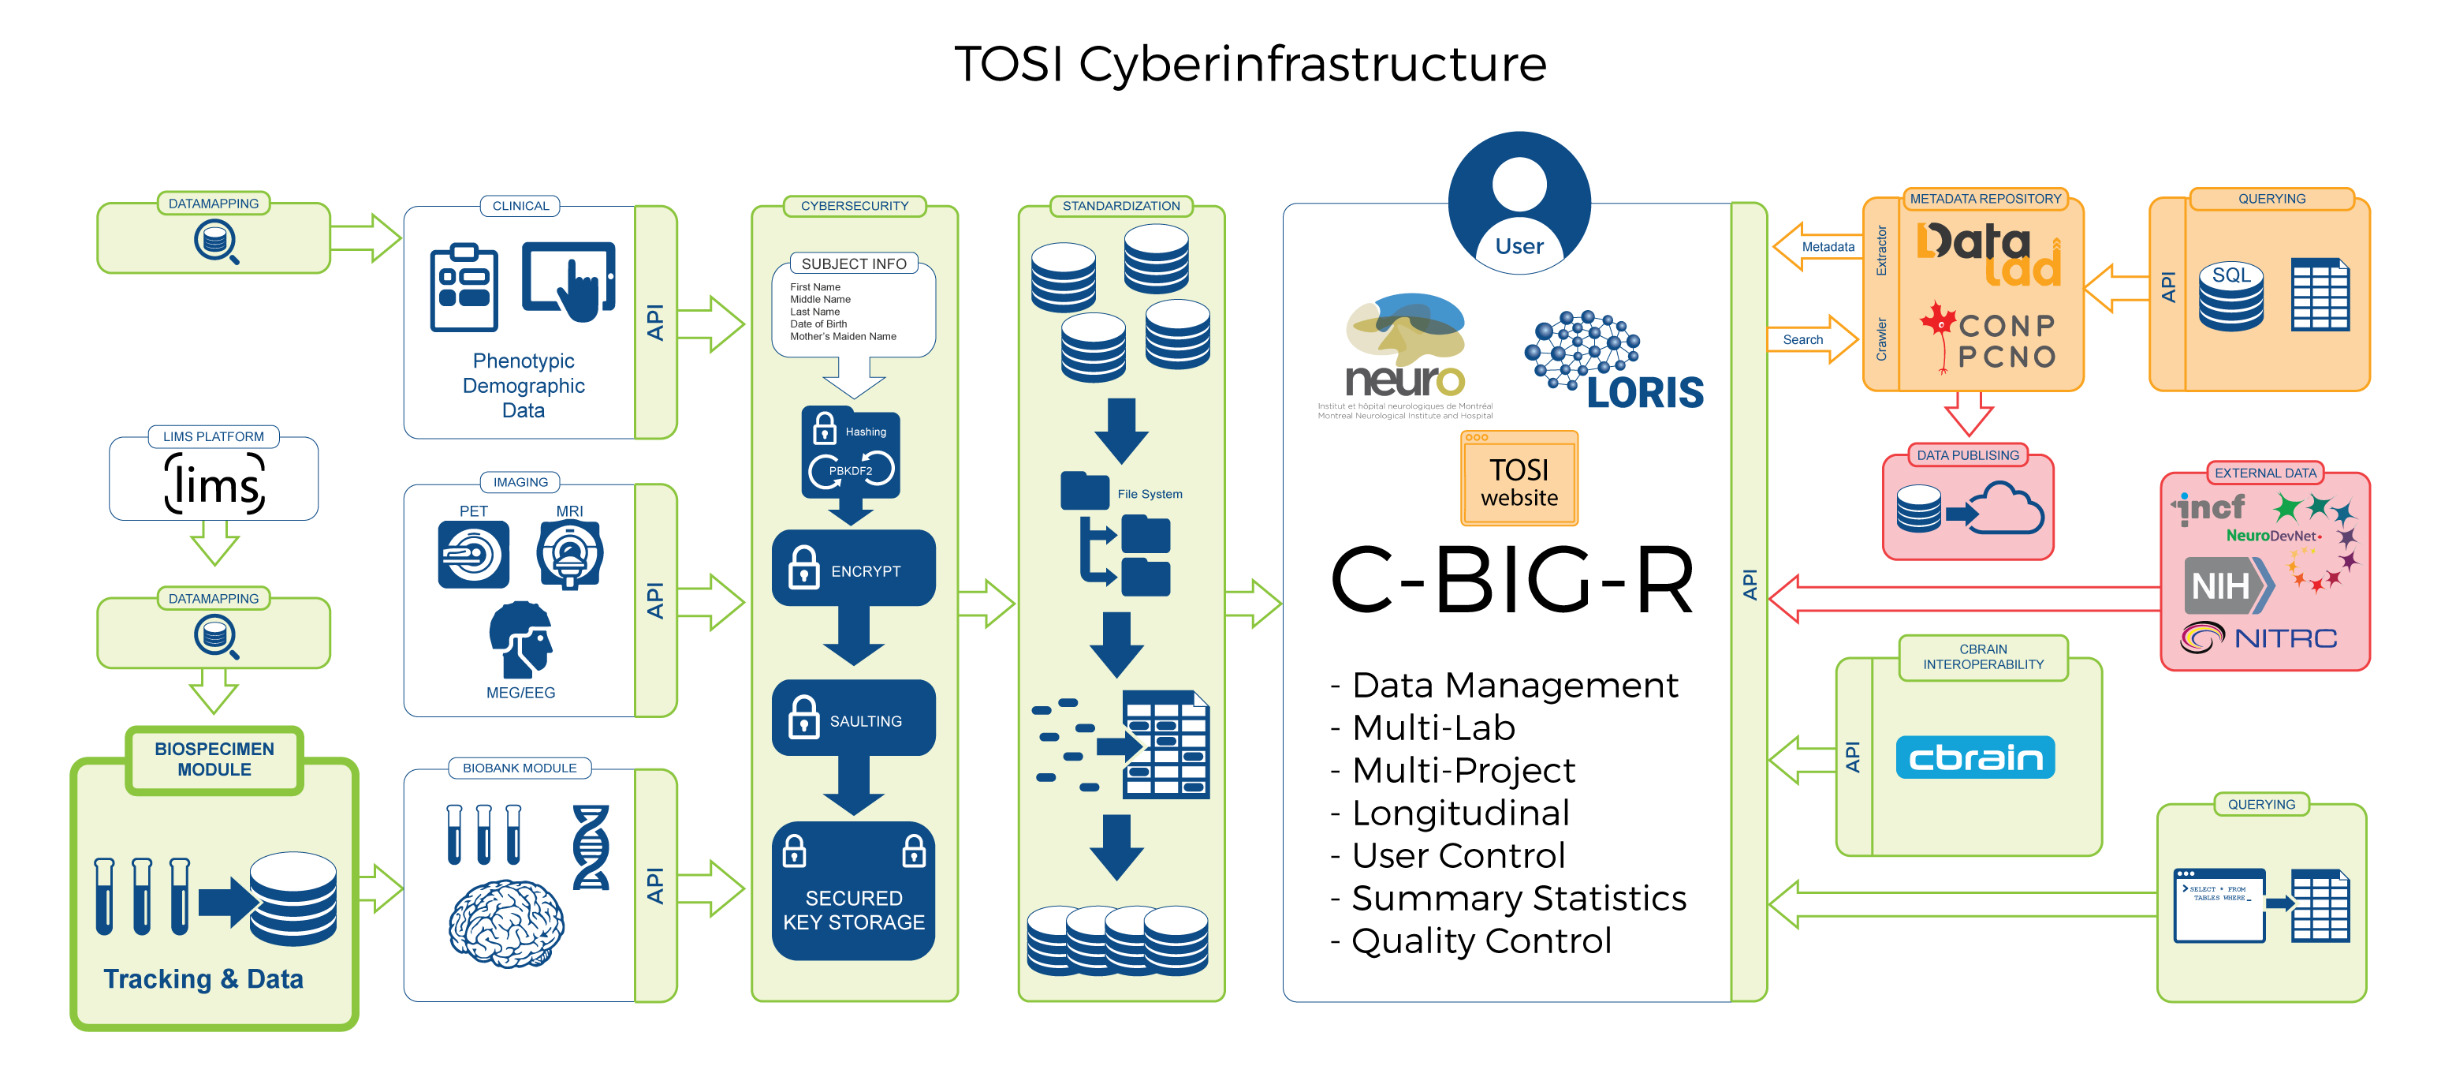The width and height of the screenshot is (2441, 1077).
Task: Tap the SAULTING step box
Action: [853, 719]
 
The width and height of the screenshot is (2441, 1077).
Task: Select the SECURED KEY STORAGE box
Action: [853, 891]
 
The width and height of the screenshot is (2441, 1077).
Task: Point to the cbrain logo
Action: [1975, 757]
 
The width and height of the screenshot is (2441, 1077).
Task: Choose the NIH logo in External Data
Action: [2222, 585]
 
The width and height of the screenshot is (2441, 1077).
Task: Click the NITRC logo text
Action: [2285, 638]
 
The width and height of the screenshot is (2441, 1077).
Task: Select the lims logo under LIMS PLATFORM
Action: [214, 484]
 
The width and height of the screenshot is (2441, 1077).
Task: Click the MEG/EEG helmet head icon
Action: [521, 639]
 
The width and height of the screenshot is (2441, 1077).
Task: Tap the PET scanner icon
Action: [473, 555]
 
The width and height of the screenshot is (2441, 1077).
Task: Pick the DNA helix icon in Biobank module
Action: [591, 847]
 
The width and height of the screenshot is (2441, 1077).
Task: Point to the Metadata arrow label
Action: [1827, 246]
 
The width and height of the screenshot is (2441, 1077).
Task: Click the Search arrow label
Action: [1802, 339]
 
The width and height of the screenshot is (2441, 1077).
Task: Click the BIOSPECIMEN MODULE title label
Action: [214, 759]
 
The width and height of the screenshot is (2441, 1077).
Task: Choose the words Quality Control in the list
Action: [1481, 941]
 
